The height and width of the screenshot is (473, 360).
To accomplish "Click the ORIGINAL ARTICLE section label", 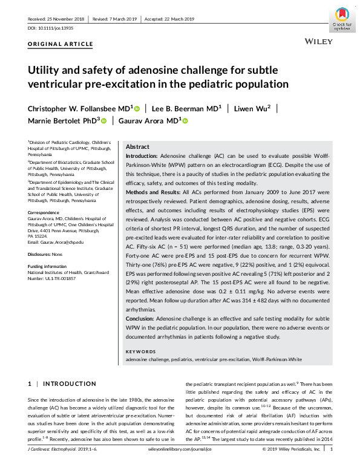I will point(61,45).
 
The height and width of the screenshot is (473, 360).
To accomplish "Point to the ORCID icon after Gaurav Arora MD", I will point(185,121).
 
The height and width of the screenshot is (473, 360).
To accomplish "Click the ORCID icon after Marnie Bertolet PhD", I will point(104,121).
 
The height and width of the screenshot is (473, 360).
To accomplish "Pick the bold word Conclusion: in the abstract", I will point(140,318).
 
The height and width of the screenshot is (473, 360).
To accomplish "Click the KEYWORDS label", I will point(140,352).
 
